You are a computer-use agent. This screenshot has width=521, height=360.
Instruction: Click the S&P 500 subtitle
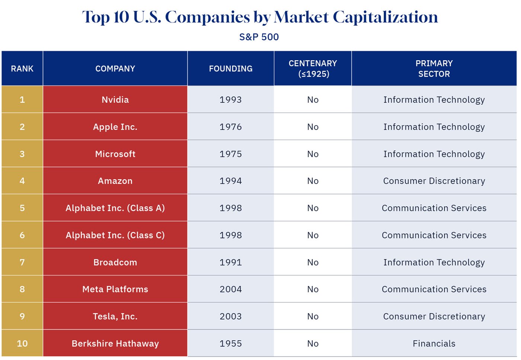tap(259, 37)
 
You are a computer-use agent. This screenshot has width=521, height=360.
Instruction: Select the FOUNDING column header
tap(231, 69)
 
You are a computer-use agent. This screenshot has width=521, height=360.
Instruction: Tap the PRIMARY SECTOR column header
tap(434, 69)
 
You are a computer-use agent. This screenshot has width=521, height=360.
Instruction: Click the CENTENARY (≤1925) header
tap(313, 69)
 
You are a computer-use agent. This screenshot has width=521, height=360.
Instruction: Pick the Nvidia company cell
tap(115, 100)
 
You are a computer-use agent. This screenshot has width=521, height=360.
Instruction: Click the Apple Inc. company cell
tap(115, 127)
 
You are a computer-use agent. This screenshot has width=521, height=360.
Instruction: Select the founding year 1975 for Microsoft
tap(231, 154)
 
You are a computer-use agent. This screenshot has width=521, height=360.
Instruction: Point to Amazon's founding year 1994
tap(231, 181)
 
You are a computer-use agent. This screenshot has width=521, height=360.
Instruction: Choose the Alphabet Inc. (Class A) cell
tap(115, 208)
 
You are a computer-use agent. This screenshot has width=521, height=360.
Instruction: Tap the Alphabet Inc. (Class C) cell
tap(115, 235)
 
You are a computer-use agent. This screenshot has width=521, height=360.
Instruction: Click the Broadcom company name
tap(115, 263)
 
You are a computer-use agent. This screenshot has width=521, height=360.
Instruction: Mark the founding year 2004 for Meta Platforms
tap(231, 289)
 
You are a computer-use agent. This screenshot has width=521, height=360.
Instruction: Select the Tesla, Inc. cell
tap(115, 316)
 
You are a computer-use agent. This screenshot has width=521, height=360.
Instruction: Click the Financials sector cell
tap(434, 344)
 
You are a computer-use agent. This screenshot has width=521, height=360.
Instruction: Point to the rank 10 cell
tap(22, 344)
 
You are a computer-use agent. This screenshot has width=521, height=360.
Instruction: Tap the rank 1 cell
tap(22, 100)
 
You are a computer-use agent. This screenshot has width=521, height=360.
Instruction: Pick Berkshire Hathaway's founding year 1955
tap(231, 344)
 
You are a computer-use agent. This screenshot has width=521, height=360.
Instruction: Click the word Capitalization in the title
tap(385, 17)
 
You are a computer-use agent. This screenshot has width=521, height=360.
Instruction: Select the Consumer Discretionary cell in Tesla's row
tap(434, 316)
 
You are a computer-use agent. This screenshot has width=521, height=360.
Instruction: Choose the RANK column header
tap(22, 69)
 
